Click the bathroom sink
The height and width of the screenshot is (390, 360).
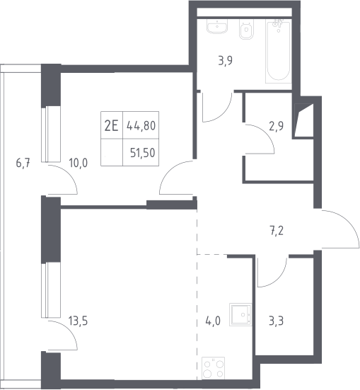(217, 26)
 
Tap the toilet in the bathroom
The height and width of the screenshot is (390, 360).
(246, 29)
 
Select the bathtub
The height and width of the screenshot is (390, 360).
(278, 52)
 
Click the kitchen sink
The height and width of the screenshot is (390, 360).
(240, 314)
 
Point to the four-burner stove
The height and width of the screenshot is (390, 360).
(214, 368)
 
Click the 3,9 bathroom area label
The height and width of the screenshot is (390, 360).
(225, 61)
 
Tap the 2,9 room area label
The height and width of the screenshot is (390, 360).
(277, 127)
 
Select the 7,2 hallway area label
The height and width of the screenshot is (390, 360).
(277, 231)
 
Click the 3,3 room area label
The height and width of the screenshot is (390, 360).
(277, 321)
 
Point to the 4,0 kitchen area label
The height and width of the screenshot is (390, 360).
(213, 321)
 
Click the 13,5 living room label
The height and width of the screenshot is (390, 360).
(78, 321)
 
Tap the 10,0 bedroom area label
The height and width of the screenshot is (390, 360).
(79, 164)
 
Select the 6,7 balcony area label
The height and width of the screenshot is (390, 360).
(23, 164)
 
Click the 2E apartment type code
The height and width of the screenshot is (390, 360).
(111, 126)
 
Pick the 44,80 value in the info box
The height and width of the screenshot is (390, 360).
(141, 125)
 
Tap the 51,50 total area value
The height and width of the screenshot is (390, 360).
(143, 153)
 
